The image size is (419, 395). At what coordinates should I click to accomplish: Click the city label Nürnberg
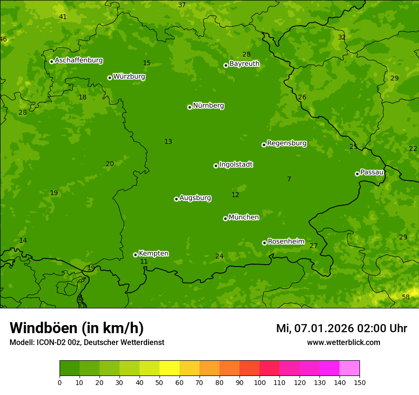click(208, 106)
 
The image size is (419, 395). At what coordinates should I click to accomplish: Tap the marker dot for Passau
click(357, 174)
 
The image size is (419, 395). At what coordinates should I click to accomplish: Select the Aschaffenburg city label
click(79, 60)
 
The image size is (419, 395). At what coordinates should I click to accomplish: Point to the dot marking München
click(225, 218)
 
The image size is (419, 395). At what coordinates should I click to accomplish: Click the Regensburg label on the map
click(287, 143)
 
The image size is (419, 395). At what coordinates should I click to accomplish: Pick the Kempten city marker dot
click(135, 255)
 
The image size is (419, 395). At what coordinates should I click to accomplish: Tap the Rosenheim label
click(286, 242)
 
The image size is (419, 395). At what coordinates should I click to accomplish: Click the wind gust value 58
click(406, 297)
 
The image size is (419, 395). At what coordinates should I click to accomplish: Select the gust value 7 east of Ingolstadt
click(289, 179)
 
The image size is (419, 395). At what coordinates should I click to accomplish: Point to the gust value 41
click(63, 17)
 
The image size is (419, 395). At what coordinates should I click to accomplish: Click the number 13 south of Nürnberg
click(168, 141)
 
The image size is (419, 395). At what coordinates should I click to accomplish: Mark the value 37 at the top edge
click(182, 5)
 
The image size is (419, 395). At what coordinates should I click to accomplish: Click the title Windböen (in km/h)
click(77, 328)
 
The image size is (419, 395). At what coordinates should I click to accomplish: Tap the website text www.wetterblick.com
click(343, 342)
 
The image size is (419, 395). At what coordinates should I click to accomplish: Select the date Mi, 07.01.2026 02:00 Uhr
click(341, 328)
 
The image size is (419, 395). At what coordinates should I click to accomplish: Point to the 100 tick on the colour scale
click(259, 382)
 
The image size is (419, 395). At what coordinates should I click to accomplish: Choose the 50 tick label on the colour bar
click(160, 382)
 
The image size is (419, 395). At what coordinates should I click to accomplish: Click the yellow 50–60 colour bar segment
click(170, 368)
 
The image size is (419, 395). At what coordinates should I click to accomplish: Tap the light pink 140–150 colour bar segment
click(349, 368)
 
